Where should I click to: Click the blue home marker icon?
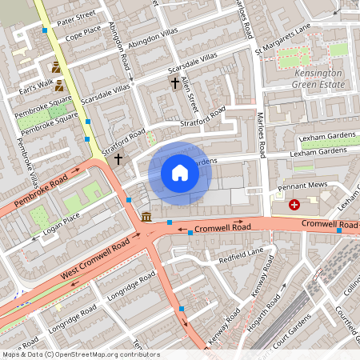point(179,173)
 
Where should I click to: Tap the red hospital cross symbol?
point(294,205)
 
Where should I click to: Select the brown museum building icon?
point(146,216)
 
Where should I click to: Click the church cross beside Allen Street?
point(174,82)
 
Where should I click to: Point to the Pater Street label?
point(75,14)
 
